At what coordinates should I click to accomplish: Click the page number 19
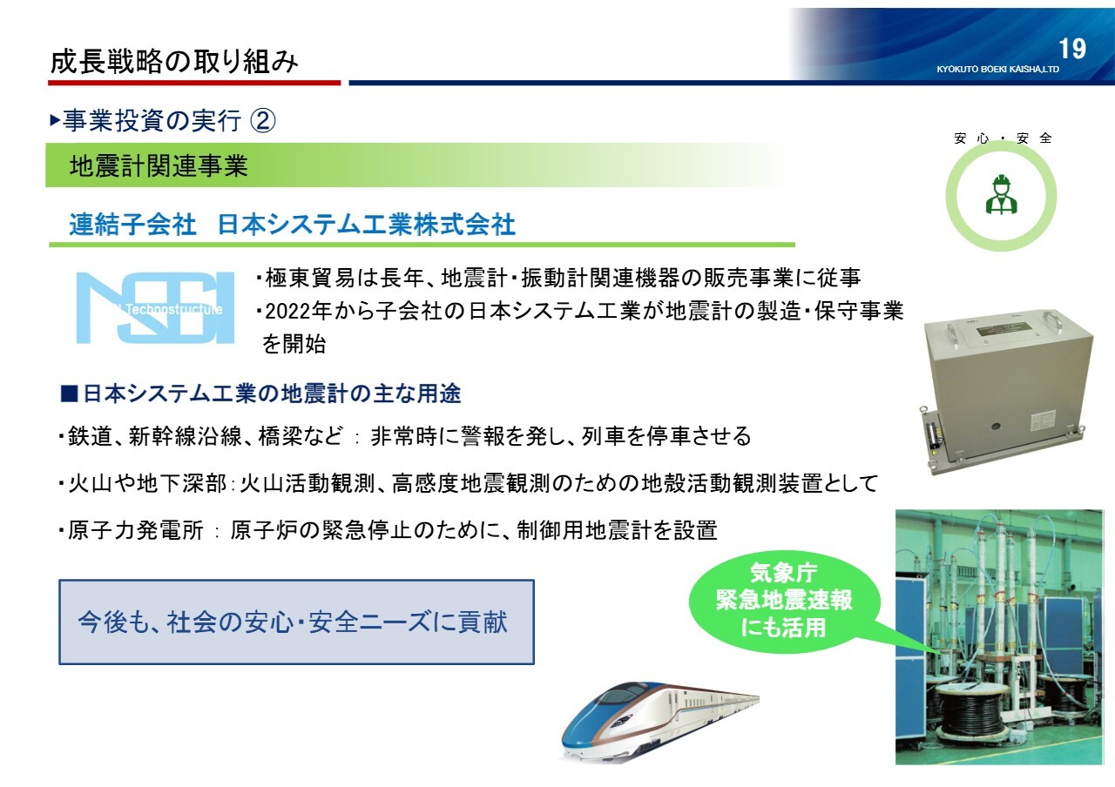coord(1072,49)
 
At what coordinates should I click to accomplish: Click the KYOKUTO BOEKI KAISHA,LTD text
coord(997,69)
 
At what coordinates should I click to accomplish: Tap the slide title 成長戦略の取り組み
coord(174,62)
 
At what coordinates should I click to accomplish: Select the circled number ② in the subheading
coord(262,120)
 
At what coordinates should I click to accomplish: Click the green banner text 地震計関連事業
coord(159,165)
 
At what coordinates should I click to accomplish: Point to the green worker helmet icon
coord(1002,194)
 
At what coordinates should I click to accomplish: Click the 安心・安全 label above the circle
coord(1003,138)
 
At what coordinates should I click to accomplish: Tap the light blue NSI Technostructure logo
coord(155,308)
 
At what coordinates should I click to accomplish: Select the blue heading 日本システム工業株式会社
coord(367,225)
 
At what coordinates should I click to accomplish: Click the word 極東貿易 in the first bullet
coord(309,278)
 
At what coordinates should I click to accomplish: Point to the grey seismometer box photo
coord(1005,392)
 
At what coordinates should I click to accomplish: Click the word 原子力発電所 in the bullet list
coord(135,530)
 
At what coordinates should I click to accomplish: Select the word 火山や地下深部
coord(147,483)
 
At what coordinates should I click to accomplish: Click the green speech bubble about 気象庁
coord(784,601)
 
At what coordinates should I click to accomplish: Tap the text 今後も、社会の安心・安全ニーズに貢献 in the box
coord(293,622)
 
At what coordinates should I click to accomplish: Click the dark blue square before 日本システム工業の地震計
coord(69,393)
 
